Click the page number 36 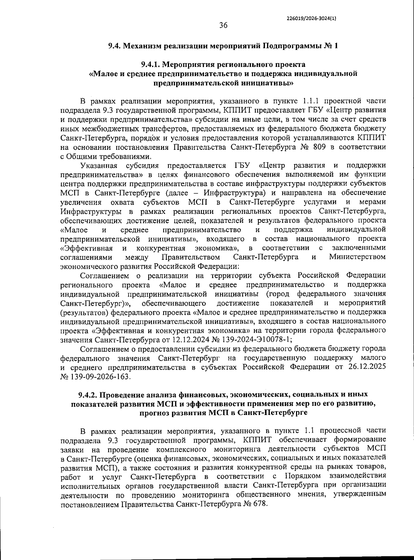(223, 25)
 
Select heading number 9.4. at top (115, 46)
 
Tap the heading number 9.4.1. (151, 64)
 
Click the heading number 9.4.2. (89, 394)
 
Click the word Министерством (357, 257)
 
